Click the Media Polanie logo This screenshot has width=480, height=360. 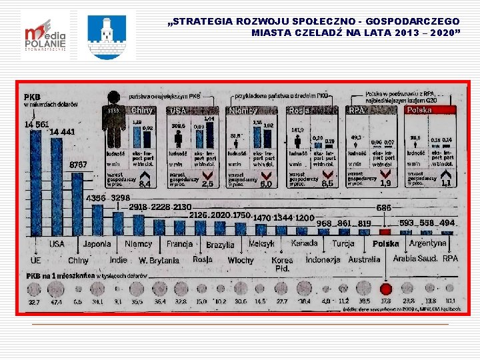tap(44, 35)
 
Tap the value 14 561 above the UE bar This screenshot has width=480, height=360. tap(37, 124)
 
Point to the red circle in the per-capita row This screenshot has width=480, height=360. tap(385, 289)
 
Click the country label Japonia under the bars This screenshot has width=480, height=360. tap(97, 244)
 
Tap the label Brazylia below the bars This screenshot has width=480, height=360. tap(220, 245)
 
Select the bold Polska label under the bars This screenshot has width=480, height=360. tap(386, 244)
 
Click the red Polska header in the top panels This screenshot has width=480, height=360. tap(429, 109)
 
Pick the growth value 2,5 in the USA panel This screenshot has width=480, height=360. tap(207, 183)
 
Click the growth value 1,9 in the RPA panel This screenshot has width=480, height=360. tap(385, 183)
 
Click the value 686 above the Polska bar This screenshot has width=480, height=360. tap(384, 207)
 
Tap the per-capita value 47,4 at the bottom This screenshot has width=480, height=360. tap(56, 301)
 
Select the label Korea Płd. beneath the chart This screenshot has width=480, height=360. tap(282, 264)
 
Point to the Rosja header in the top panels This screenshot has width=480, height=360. tap(299, 110)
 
